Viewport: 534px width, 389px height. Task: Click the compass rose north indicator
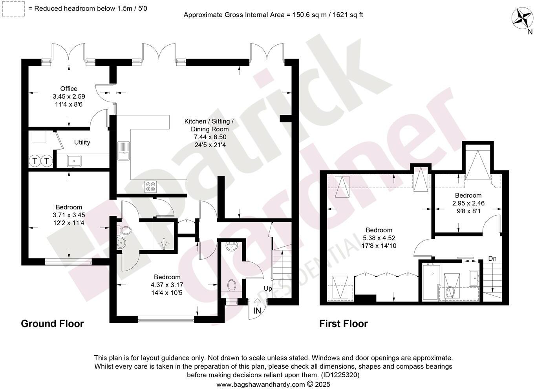pyautogui.click(x=522, y=18)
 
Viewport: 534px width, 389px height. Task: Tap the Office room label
pyautogui.click(x=69, y=89)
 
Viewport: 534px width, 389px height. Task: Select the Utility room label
pyautogui.click(x=82, y=142)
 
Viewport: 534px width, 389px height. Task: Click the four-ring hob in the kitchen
pyautogui.click(x=150, y=186)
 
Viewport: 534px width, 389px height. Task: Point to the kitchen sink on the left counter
pyautogui.click(x=123, y=151)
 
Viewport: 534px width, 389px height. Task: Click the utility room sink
pyautogui.click(x=74, y=160)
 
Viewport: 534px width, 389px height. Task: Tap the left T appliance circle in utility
pyautogui.click(x=35, y=161)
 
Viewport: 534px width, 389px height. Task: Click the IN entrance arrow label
pyautogui.click(x=257, y=310)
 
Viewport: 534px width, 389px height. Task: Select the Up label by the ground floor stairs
pyautogui.click(x=268, y=289)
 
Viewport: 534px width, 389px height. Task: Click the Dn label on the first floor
pyautogui.click(x=492, y=259)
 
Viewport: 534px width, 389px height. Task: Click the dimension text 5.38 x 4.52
pyautogui.click(x=379, y=238)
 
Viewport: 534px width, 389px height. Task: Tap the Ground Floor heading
pyautogui.click(x=52, y=324)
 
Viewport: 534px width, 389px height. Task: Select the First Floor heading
pyautogui.click(x=343, y=324)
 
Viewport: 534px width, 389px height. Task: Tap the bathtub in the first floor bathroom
pyautogui.click(x=430, y=282)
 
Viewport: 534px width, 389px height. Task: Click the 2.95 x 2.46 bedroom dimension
pyautogui.click(x=468, y=203)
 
